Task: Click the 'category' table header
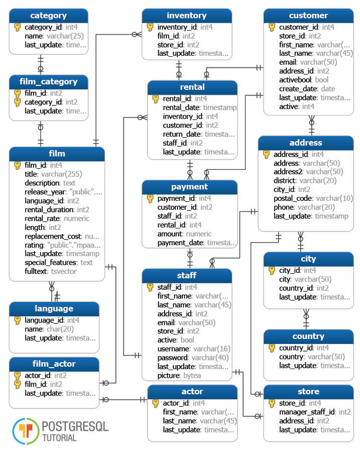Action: click(48, 16)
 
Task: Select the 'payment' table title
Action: click(189, 187)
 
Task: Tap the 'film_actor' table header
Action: click(54, 364)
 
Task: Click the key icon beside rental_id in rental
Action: click(155, 99)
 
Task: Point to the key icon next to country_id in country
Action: click(272, 348)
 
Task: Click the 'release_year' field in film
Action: click(45, 192)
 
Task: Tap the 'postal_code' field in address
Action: click(293, 198)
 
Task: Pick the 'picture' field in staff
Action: click(169, 376)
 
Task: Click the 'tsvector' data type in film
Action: click(64, 272)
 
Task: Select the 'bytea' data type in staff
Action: click(192, 376)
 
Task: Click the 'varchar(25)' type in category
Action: click(65, 36)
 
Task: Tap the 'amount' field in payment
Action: click(170, 234)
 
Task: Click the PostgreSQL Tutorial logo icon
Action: click(26, 431)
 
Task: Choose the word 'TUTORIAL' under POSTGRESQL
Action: click(60, 438)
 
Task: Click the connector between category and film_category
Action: click(41, 65)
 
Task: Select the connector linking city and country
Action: click(306, 319)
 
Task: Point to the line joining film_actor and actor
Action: click(124, 400)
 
